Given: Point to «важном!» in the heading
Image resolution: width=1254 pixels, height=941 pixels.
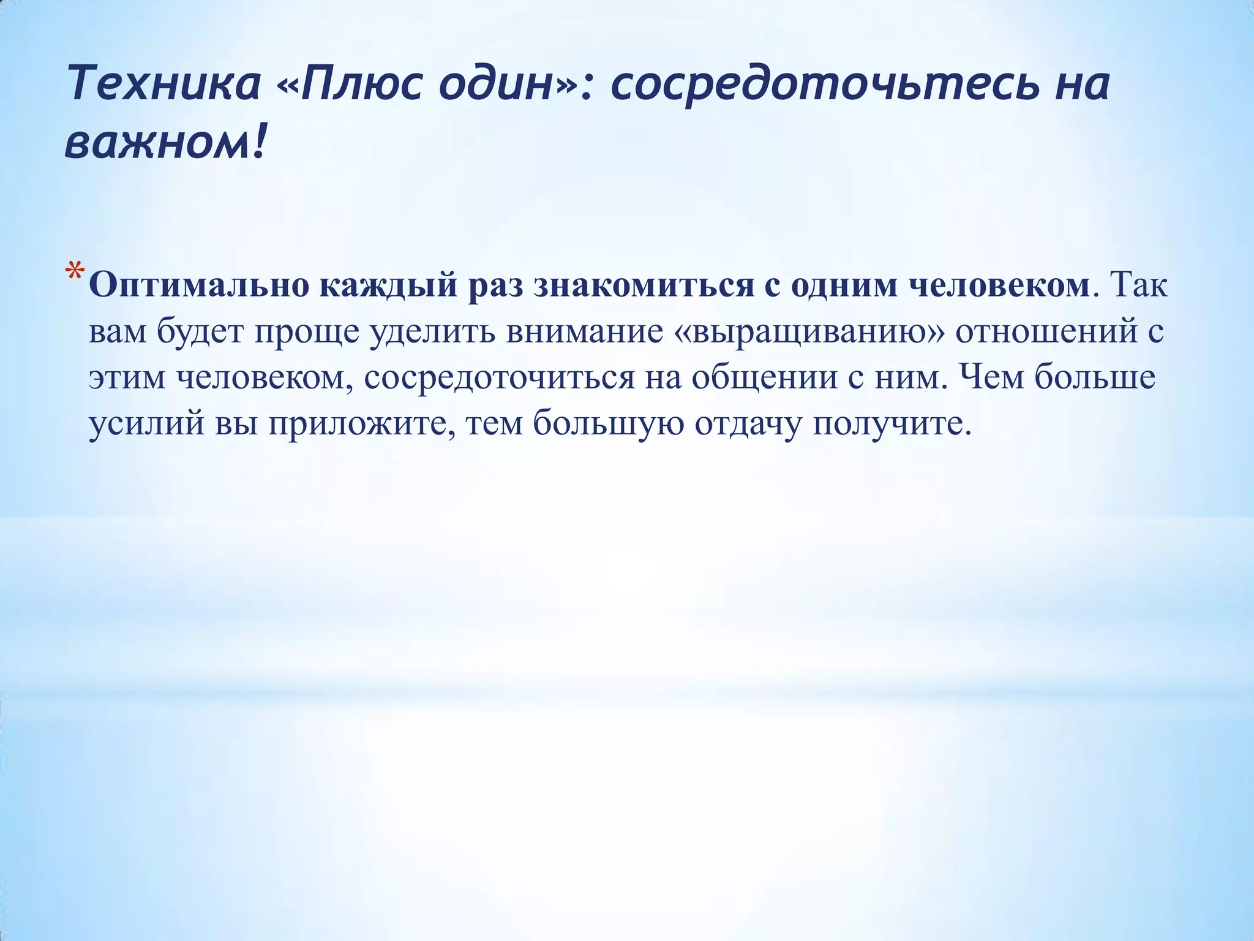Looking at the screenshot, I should [x=165, y=144].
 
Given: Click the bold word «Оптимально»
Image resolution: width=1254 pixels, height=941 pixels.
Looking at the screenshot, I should [x=198, y=286].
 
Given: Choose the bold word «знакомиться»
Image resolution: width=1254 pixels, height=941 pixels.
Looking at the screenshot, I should [x=643, y=286].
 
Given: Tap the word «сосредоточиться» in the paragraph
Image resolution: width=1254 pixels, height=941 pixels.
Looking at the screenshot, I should [x=500, y=378].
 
